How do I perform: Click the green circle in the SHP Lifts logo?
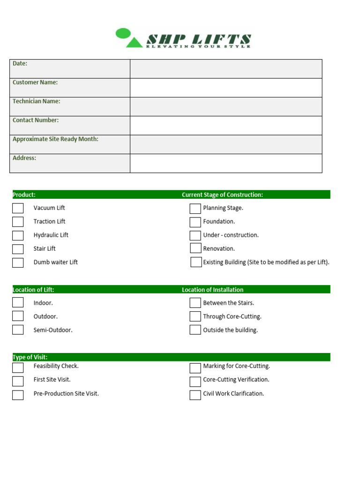click(123, 33)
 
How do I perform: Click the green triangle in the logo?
click(134, 42)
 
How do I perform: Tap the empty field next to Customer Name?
click(226, 88)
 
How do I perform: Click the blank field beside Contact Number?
click(226, 126)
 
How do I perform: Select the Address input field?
click(226, 163)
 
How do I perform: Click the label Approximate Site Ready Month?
click(55, 139)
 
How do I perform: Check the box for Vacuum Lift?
click(18, 208)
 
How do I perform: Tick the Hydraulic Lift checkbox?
click(18, 235)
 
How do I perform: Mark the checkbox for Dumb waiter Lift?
click(18, 262)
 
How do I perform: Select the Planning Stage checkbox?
click(195, 209)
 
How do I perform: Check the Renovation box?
click(195, 248)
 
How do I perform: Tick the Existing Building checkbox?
click(196, 262)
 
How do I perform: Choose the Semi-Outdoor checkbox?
click(18, 330)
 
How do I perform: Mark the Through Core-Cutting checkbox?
click(195, 316)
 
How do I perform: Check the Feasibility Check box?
click(18, 367)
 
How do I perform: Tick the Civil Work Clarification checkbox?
click(195, 395)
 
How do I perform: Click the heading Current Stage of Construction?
click(222, 195)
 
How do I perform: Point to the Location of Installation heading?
click(212, 290)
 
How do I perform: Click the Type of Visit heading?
click(30, 357)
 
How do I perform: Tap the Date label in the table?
click(20, 63)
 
